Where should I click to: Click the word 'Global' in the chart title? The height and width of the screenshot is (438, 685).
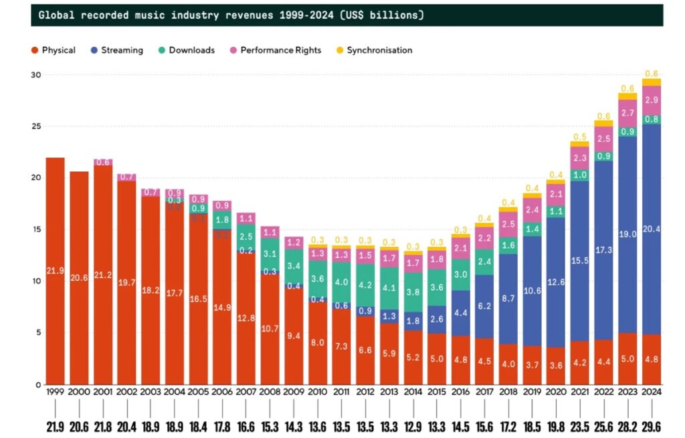(x=56, y=15)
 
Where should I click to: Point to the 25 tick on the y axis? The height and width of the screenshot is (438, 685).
(x=37, y=126)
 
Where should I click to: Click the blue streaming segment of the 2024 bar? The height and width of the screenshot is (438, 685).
(x=652, y=227)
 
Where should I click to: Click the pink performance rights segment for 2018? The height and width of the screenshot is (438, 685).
(x=508, y=225)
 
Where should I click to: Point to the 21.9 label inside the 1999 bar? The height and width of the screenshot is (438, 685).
(x=56, y=270)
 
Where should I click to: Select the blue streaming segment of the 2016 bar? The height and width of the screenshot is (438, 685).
(x=460, y=313)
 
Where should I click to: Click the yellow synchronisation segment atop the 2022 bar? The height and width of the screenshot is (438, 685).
(x=603, y=124)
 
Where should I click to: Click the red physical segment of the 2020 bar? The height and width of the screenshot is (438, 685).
(x=556, y=365)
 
